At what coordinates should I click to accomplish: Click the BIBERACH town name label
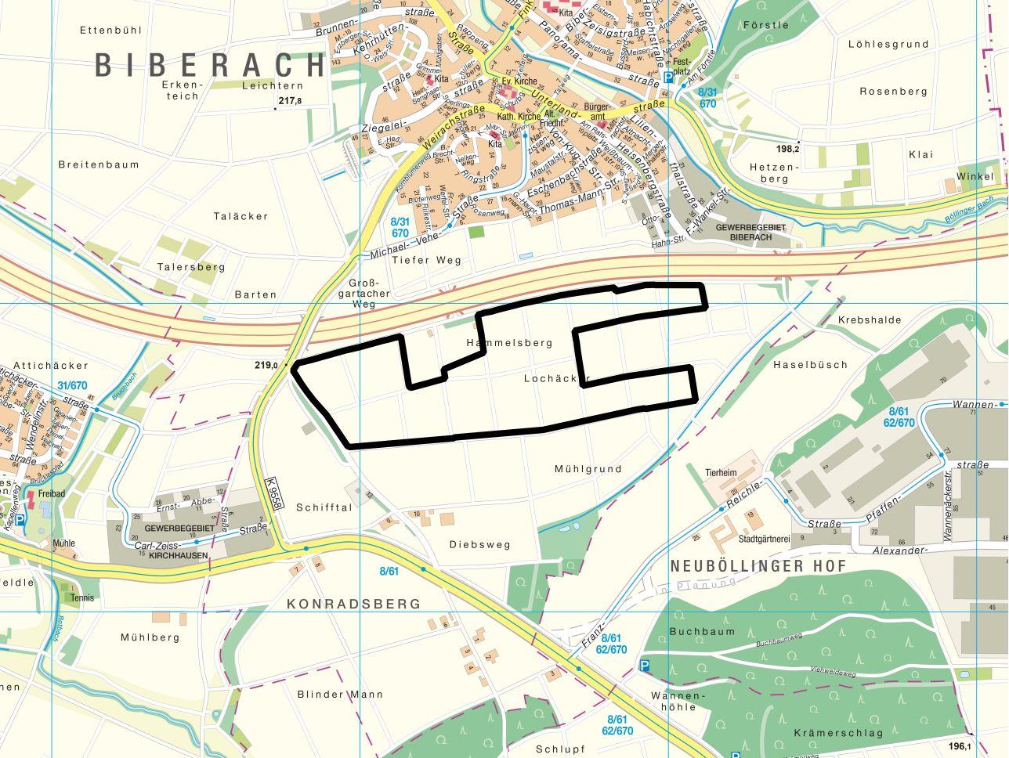(210, 64)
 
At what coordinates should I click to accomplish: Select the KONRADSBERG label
(353, 604)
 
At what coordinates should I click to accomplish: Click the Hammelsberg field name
(509, 342)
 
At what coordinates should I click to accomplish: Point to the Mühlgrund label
(588, 469)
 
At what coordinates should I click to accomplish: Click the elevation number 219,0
(266, 365)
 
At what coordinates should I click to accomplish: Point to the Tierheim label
(721, 472)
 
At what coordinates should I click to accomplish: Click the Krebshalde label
(870, 319)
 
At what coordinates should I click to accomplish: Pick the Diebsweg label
(479, 544)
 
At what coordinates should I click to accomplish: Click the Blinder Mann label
(340, 694)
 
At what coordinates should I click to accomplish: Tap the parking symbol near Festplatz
(667, 77)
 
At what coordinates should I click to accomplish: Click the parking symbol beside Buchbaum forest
(645, 665)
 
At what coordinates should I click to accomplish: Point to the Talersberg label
(191, 266)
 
